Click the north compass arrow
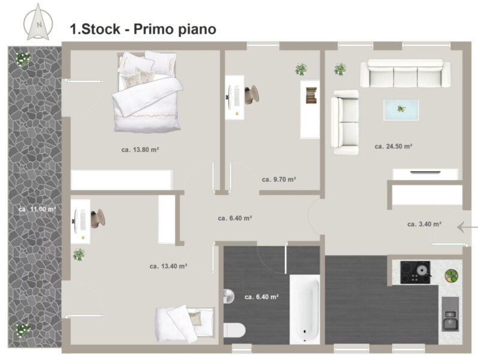click(38, 22)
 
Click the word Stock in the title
click(101, 29)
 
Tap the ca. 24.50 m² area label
click(393, 146)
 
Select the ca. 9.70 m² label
click(279, 179)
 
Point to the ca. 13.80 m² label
click(140, 149)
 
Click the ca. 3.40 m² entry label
click(425, 224)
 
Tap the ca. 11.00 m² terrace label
click(37, 209)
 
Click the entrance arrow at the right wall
click(467, 227)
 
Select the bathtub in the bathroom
click(305, 309)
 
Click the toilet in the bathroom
click(234, 331)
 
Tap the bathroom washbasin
click(229, 296)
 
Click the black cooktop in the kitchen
click(415, 272)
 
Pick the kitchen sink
click(450, 314)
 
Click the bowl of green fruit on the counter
click(451, 275)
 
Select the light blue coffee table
click(401, 110)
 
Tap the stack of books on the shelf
click(311, 95)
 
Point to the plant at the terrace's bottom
click(22, 331)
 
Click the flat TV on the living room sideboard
click(425, 172)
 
